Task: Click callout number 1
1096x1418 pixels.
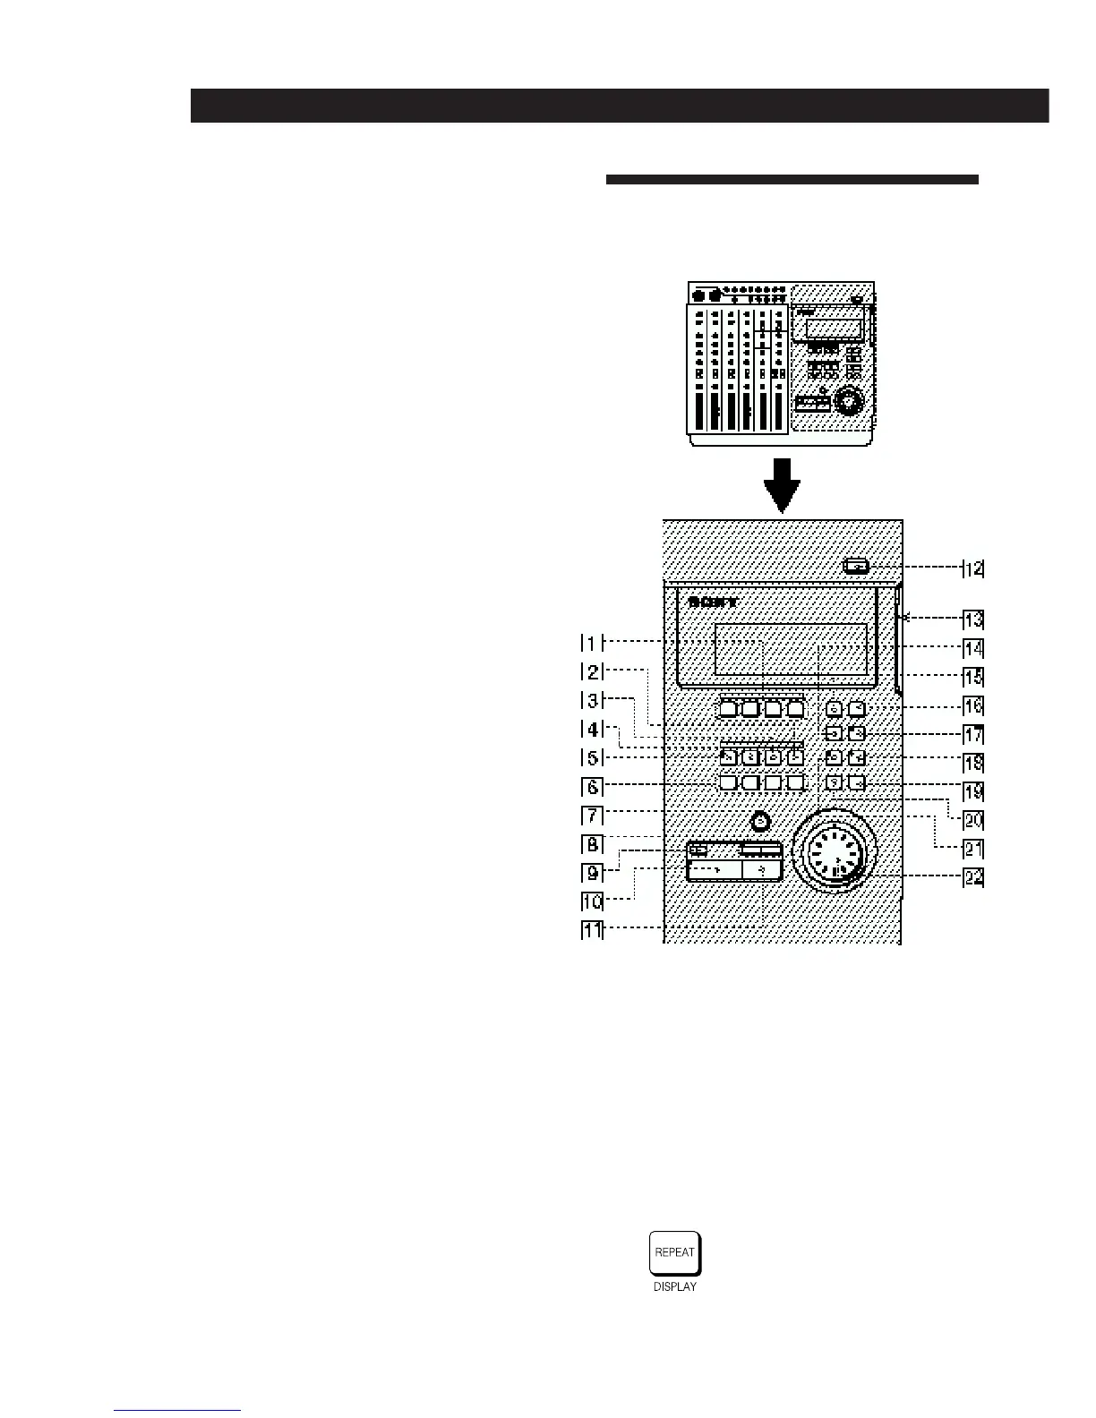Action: tap(592, 642)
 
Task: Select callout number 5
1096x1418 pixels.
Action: tap(592, 757)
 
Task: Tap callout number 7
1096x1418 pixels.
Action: tap(592, 816)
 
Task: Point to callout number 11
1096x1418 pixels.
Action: tap(593, 930)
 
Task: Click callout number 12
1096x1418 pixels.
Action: tap(972, 568)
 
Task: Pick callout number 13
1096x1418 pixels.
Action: tap(972, 619)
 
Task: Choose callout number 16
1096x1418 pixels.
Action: tap(972, 705)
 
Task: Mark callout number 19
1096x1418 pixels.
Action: tap(972, 791)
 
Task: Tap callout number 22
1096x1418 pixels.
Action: tap(972, 878)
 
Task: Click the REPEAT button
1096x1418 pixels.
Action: tap(675, 1252)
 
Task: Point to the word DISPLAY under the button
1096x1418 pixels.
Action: tap(675, 1287)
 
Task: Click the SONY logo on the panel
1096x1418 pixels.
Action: tap(713, 602)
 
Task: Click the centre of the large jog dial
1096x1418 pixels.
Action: tap(835, 853)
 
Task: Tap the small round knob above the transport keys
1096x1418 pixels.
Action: tap(760, 821)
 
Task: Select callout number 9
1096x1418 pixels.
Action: tap(592, 873)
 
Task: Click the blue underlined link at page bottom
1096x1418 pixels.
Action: tap(177, 1410)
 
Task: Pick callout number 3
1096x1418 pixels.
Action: tap(592, 700)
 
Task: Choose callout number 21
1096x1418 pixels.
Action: tap(972, 849)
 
